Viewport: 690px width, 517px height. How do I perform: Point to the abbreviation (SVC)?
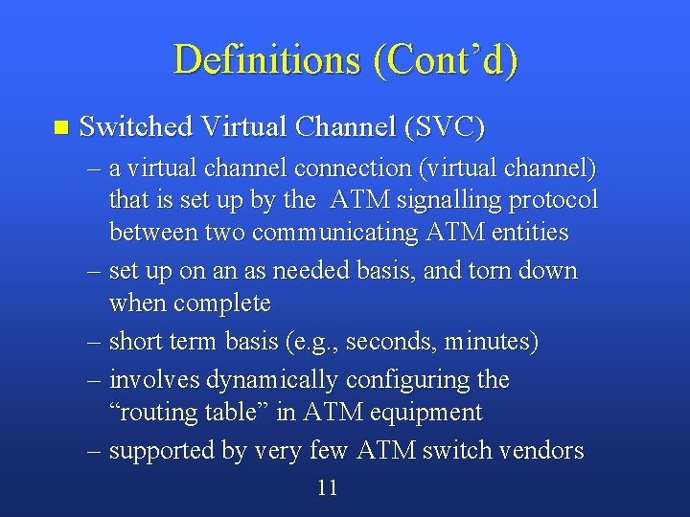(x=445, y=126)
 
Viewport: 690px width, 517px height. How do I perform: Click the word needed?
(x=310, y=271)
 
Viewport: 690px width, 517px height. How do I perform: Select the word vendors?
(x=540, y=450)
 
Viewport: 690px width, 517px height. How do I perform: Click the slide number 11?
(x=327, y=488)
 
